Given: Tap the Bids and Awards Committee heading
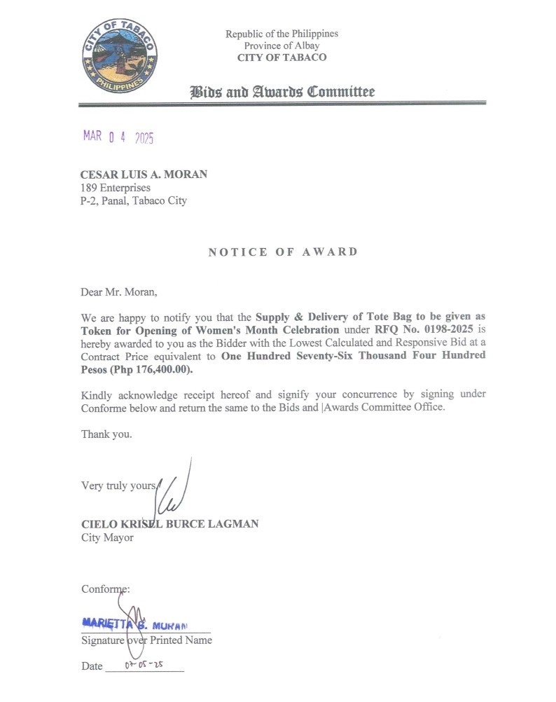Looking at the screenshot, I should pos(282,92).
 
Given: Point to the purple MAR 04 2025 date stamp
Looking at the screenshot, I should pos(118,137).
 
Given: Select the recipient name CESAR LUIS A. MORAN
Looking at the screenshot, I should pos(144,174).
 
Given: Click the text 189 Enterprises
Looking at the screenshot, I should pos(116,187).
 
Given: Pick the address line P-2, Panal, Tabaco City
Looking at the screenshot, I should pos(134,200).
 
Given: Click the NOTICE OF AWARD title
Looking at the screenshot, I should pos(283,252).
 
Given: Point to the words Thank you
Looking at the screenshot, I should pos(106,434).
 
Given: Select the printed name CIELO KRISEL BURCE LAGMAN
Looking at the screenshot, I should pos(169,524).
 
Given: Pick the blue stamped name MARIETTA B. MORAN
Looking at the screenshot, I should pos(136,622).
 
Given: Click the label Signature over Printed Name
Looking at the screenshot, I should pos(146,640).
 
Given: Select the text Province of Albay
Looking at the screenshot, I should pos(282,46).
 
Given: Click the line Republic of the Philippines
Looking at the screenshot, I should pos(282,34).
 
